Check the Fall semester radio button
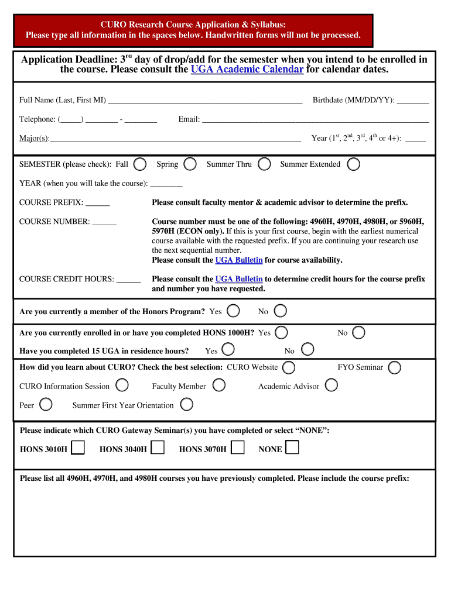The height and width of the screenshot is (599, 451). [140, 164]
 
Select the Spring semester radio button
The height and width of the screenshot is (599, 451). [190, 164]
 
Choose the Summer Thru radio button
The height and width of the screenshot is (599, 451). [264, 164]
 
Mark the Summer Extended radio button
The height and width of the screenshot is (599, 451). [353, 164]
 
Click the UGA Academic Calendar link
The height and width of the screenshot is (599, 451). [247, 70]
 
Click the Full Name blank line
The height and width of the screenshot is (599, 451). [205, 99]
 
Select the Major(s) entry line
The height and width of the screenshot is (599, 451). [175, 138]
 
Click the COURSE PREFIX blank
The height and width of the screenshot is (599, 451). [98, 202]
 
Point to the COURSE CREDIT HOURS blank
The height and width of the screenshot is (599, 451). [128, 279]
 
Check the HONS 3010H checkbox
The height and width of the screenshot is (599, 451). [78, 448]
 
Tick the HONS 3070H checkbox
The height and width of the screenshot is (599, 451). [237, 448]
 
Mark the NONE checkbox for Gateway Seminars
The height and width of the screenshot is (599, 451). [292, 448]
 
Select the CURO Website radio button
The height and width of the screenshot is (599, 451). [288, 367]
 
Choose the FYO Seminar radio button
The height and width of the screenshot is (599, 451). [395, 367]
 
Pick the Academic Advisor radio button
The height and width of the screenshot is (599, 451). [331, 385]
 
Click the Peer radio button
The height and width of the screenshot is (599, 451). [46, 405]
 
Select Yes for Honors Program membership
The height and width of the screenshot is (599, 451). [233, 311]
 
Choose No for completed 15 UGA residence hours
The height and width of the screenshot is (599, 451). [307, 350]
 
